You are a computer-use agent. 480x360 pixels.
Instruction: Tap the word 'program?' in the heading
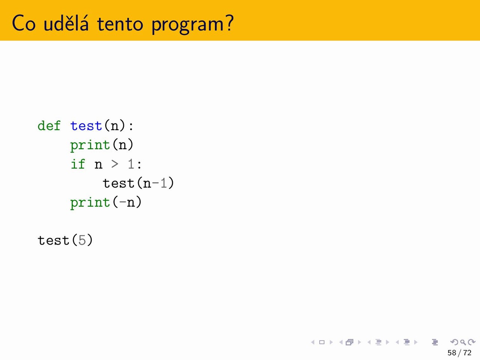click(x=193, y=25)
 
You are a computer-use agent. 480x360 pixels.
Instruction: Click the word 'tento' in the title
click(x=120, y=24)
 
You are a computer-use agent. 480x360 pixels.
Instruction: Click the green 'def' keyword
click(x=49, y=126)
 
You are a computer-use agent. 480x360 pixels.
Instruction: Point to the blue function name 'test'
click(x=86, y=126)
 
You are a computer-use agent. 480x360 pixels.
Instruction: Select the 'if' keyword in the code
click(x=78, y=164)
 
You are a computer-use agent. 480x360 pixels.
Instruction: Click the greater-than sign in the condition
click(x=115, y=164)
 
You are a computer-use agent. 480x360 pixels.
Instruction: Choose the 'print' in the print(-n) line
click(x=90, y=203)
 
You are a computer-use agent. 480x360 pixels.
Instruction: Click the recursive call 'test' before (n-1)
click(x=118, y=183)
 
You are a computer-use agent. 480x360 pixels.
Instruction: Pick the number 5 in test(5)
click(x=82, y=240)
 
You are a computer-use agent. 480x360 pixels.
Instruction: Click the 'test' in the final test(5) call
click(x=54, y=240)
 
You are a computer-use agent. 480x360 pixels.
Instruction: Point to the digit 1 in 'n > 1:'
click(x=131, y=164)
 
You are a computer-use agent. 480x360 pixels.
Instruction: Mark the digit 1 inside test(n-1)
click(x=163, y=183)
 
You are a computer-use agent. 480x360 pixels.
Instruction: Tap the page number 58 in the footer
click(x=452, y=352)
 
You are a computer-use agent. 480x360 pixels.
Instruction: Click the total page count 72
click(x=467, y=352)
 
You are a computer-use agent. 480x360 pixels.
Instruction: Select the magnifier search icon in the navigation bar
click(x=463, y=342)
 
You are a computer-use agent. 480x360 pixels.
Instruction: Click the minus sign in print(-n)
click(x=123, y=202)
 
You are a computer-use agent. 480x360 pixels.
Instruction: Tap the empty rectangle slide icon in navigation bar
click(x=322, y=342)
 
